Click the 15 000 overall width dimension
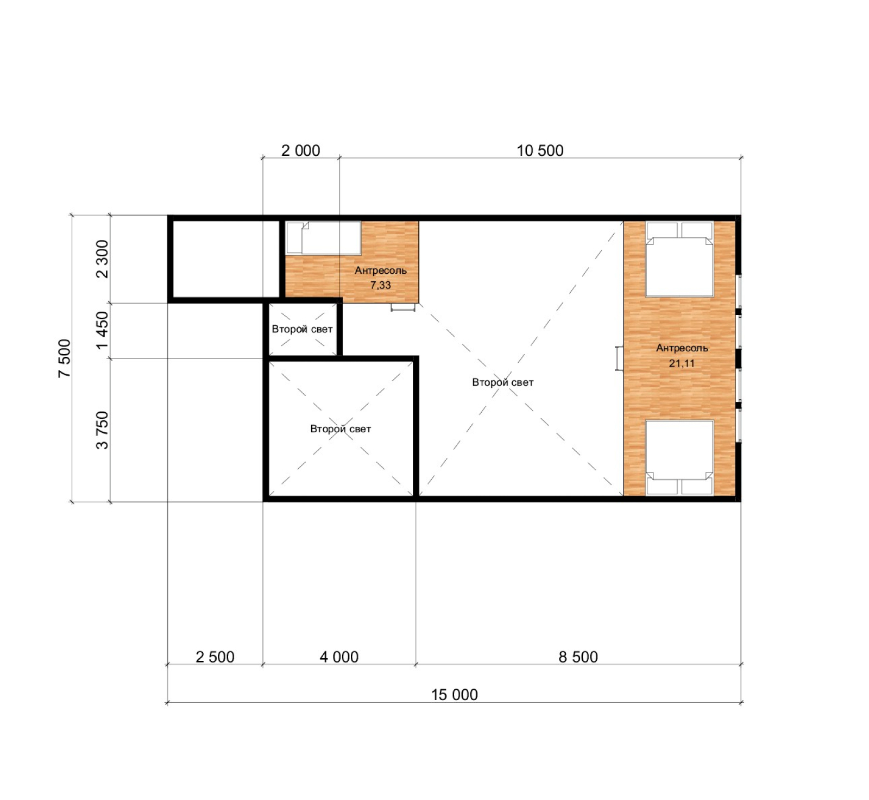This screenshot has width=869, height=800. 454,695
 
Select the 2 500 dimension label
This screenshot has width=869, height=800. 215,657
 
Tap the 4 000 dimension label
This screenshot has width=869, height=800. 339,657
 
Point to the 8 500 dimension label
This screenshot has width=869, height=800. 578,657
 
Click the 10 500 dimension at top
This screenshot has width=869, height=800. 540,150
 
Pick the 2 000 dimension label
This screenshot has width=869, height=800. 300,150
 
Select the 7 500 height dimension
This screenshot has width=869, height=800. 65,358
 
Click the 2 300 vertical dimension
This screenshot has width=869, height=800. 102,259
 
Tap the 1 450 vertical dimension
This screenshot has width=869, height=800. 102,330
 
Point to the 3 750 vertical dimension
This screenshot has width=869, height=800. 102,430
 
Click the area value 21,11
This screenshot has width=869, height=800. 682,363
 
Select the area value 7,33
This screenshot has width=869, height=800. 380,285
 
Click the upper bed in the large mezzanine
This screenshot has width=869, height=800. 679,259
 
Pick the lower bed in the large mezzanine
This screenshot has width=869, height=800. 679,457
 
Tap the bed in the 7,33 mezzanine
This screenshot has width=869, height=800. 323,237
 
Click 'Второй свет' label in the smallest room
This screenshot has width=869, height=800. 302,329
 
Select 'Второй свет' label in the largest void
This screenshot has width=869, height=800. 503,382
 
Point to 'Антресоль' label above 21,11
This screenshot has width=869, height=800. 682,348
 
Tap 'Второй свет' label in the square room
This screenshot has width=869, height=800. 341,429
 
